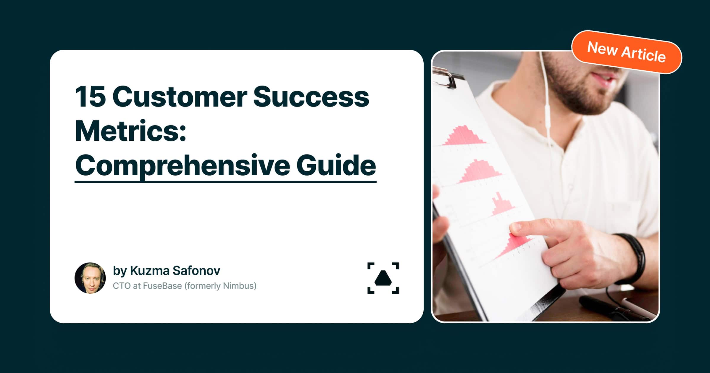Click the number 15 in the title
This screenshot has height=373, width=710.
tap(90, 97)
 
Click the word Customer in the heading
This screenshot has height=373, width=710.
tap(180, 97)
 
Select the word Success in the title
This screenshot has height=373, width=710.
tap(311, 97)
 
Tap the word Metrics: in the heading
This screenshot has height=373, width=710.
tap(130, 131)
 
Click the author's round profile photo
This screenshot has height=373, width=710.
tap(90, 278)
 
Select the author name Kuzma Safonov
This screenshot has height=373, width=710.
tap(175, 271)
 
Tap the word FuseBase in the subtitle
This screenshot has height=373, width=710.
tap(162, 286)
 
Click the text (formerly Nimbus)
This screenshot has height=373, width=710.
tap(220, 286)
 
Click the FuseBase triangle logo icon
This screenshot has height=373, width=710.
tap(383, 278)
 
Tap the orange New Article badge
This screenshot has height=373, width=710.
tap(626, 52)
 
